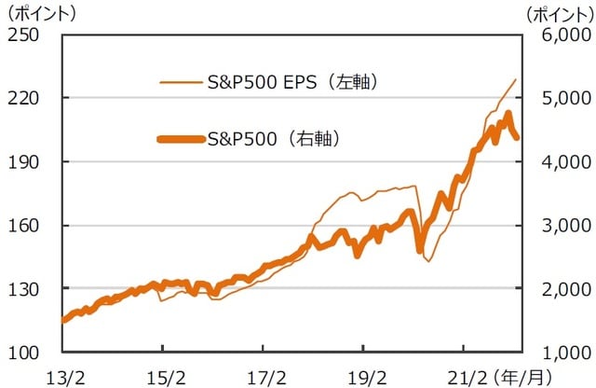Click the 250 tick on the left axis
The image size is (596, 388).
[21, 35]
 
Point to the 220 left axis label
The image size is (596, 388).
[21, 99]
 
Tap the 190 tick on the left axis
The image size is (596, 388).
[21, 162]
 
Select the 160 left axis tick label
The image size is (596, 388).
[21, 226]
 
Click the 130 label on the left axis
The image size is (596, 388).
[21, 289]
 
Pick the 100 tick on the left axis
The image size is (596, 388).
[21, 353]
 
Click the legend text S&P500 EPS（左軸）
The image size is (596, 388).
[295, 82]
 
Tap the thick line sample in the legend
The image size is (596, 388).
[180, 139]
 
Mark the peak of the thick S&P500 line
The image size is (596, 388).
[508, 114]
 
